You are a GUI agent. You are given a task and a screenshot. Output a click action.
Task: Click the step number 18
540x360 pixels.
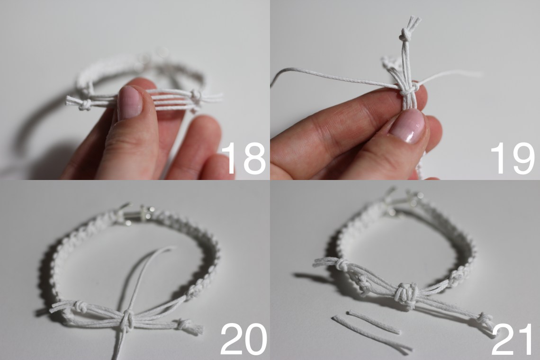coord(243,158)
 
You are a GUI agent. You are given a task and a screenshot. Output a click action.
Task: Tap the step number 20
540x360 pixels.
coord(243,339)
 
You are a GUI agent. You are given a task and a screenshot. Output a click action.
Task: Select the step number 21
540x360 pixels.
coord(513,339)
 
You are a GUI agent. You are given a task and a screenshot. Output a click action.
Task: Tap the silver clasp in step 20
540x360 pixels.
coord(137,216)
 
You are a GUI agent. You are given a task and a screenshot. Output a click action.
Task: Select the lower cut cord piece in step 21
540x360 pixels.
coord(372,335)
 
